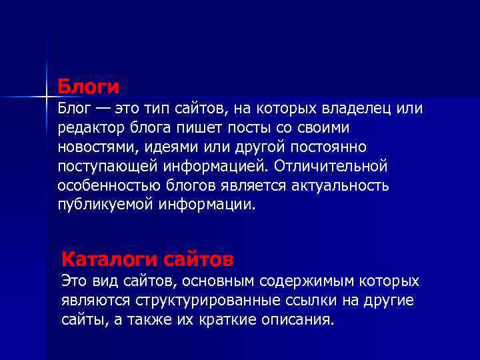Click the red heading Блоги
click(88, 87)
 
